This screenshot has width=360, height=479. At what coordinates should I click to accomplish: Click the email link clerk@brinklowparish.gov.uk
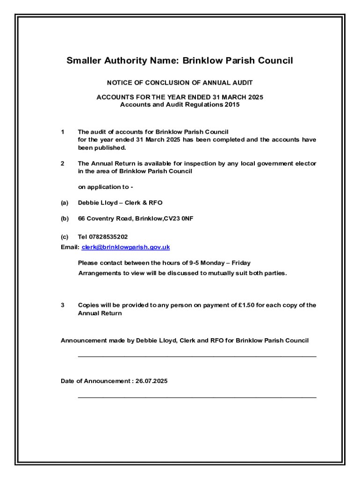tap(126, 247)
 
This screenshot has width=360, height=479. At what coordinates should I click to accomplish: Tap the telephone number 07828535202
tap(108, 237)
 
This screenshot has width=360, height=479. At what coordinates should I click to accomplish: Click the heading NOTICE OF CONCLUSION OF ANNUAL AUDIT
tap(180, 83)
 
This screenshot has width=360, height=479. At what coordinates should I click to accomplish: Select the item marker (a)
tap(65, 203)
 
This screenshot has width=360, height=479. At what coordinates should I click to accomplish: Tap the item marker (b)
tap(65, 218)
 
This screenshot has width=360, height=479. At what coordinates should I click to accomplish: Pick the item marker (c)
tap(65, 237)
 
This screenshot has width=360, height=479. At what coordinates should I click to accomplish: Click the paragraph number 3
tap(63, 305)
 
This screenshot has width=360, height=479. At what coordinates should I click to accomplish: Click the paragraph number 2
tap(63, 164)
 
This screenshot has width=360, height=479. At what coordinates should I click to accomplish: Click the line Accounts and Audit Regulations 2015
tap(180, 105)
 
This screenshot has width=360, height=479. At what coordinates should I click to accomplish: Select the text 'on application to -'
tap(106, 187)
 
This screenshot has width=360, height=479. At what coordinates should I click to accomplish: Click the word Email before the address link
tap(70, 247)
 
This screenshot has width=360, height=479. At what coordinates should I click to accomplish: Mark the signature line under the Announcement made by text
tap(197, 356)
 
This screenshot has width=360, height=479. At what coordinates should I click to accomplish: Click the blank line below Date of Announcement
tap(197, 397)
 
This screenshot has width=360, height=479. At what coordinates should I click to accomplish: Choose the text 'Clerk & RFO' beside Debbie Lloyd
tap(145, 203)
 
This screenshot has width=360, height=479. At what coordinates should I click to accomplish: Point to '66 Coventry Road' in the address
tap(105, 218)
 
